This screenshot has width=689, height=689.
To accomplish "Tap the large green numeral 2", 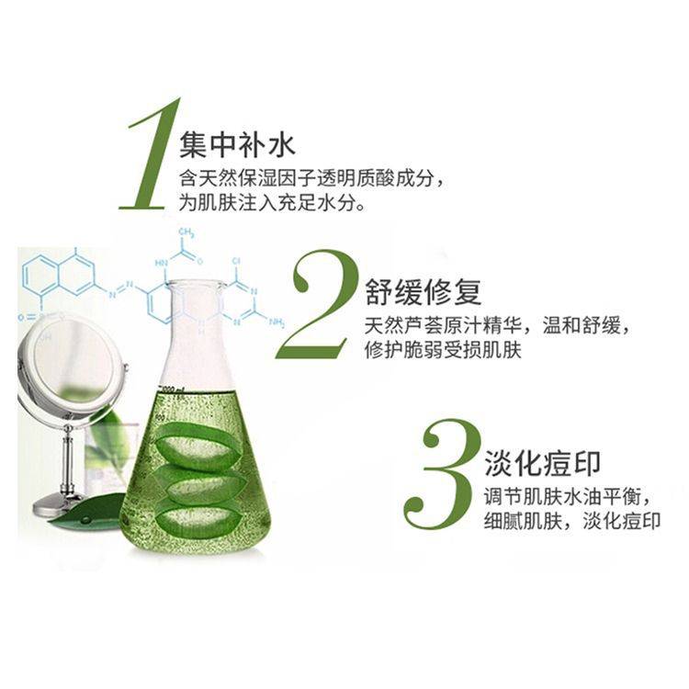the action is (317, 304).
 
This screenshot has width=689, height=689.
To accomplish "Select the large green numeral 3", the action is (442, 475).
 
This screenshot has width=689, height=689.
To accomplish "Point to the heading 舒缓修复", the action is (424, 292).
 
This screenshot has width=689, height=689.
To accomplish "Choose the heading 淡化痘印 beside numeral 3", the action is (542, 463).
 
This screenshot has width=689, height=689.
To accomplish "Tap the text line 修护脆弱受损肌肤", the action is (443, 350).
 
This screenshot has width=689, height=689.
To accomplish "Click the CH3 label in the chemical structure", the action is (186, 232).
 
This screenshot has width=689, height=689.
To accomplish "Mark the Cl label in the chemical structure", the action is (236, 262).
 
